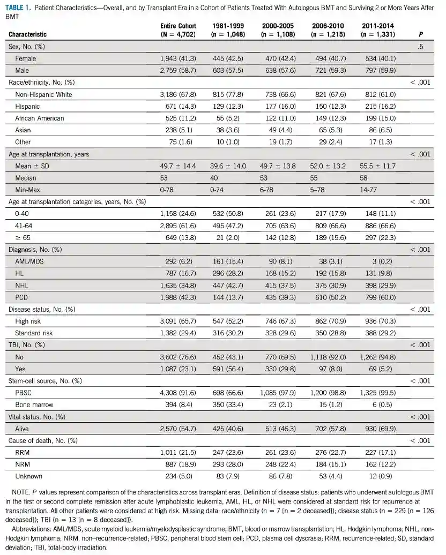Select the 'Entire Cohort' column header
[x=178, y=26]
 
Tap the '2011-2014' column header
[x=378, y=26]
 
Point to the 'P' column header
[x=420, y=34]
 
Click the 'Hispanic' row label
[x=27, y=107]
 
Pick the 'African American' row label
[x=39, y=118]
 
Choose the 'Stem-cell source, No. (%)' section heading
[x=44, y=381]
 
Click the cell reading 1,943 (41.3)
[x=178, y=59]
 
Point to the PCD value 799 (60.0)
[x=378, y=297]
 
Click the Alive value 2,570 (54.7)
[x=178, y=429]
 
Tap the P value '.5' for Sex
[x=420, y=47]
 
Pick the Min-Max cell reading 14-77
[x=369, y=190]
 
